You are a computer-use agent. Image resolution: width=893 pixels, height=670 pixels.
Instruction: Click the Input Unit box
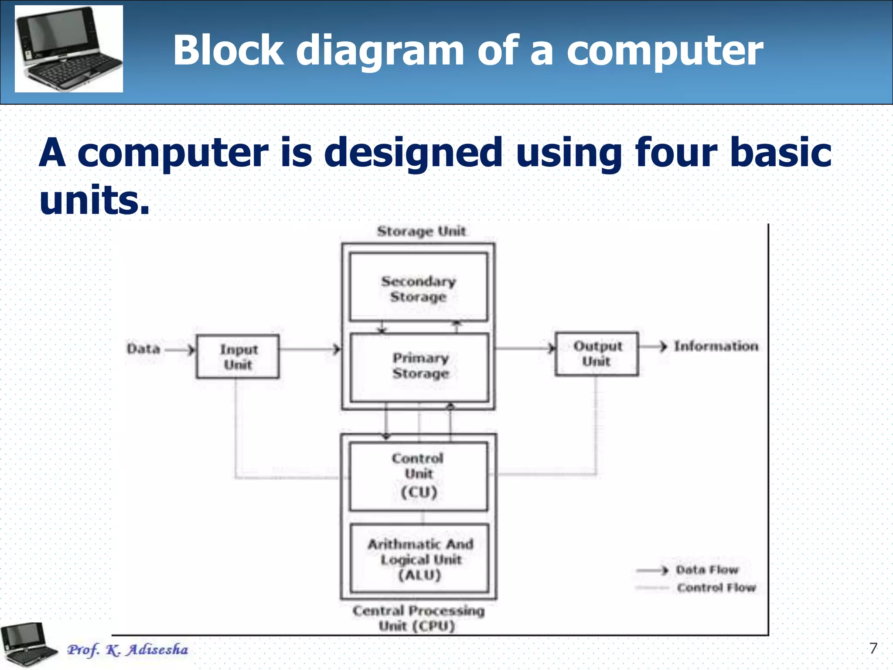point(238,356)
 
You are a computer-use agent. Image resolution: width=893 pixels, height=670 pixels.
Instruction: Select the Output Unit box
point(596,354)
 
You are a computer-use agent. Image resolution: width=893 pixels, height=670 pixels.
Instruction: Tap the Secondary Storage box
point(418,288)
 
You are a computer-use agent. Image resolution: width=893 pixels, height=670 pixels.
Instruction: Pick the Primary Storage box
point(420,366)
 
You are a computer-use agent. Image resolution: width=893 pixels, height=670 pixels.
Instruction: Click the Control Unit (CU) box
point(418,475)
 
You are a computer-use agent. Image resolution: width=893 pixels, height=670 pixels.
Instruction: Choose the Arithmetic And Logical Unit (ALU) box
point(419,559)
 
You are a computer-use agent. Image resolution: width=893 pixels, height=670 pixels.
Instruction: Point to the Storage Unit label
point(421,231)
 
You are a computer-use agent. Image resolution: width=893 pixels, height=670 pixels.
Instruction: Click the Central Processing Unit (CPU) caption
point(418,618)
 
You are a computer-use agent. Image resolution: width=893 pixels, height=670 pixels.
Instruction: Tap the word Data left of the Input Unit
point(143,349)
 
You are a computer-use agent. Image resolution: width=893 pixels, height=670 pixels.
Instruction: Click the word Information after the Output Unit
point(716,346)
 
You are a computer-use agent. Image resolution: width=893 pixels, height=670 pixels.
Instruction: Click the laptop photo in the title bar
point(69,48)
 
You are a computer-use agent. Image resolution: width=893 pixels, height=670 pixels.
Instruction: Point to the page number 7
point(873,648)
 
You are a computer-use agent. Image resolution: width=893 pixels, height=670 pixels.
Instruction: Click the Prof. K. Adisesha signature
point(127,649)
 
